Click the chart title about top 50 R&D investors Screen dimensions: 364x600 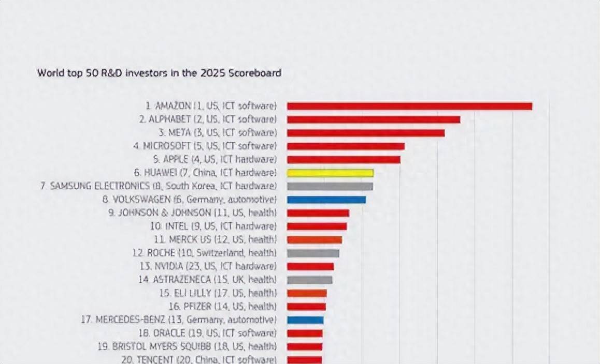(x=159, y=73)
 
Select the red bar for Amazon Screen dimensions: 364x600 (x=409, y=106)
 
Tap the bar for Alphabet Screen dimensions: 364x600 (x=374, y=119)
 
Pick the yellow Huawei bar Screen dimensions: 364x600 (x=330, y=173)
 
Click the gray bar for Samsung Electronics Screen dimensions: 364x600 (x=330, y=186)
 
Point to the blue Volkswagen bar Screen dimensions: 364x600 (x=326, y=200)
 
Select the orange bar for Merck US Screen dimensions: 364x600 (x=315, y=240)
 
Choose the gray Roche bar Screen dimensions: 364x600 (x=313, y=253)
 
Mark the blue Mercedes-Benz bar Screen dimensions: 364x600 (x=305, y=320)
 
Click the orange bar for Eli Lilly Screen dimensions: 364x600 (x=307, y=293)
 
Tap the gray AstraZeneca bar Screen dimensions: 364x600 (x=309, y=280)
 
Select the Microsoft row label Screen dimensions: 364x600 (x=205, y=146)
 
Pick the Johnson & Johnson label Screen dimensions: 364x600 (x=192, y=213)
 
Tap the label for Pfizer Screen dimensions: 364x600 (x=223, y=306)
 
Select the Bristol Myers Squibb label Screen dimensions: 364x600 (x=187, y=346)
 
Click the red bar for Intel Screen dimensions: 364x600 (x=317, y=226)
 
